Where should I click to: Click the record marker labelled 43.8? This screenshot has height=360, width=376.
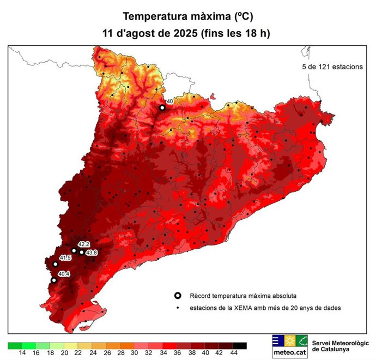click(82, 252)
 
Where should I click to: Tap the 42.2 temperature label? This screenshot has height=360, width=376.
click(83, 244)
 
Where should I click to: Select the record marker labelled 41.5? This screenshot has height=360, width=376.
click(55, 264)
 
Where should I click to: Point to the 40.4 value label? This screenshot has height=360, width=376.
click(64, 274)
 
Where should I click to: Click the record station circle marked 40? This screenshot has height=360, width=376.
click(162, 108)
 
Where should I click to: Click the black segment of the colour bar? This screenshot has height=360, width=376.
click(240, 345)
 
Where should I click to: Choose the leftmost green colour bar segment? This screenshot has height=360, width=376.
click(15, 345)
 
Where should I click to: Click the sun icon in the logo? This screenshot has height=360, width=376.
click(289, 341)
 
